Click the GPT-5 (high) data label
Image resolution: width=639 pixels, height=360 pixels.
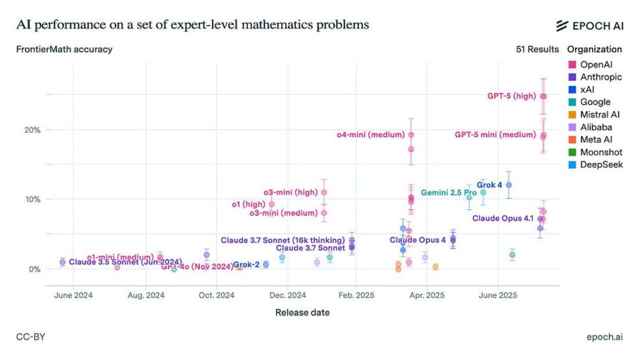(511, 96)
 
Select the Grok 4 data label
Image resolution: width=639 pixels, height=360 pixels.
(489, 184)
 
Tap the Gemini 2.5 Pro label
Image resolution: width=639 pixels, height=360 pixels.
(449, 193)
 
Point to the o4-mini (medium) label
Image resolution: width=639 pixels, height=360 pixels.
(371, 135)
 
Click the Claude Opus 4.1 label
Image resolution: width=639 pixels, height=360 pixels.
(503, 218)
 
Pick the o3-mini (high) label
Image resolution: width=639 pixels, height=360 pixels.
(290, 192)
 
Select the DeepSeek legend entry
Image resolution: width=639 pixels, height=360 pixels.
(596, 164)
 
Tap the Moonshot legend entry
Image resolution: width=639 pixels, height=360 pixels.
(596, 152)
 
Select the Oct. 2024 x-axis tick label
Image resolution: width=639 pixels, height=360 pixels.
(217, 295)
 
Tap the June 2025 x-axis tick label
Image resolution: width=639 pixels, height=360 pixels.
(497, 295)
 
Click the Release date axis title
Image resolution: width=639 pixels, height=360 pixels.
(302, 312)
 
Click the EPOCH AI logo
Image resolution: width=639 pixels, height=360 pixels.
(589, 26)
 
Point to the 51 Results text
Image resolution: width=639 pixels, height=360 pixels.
(537, 49)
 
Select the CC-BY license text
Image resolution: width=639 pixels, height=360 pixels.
(30, 336)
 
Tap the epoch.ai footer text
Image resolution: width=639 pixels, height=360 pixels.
(604, 336)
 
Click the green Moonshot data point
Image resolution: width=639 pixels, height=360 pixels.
(512, 255)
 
